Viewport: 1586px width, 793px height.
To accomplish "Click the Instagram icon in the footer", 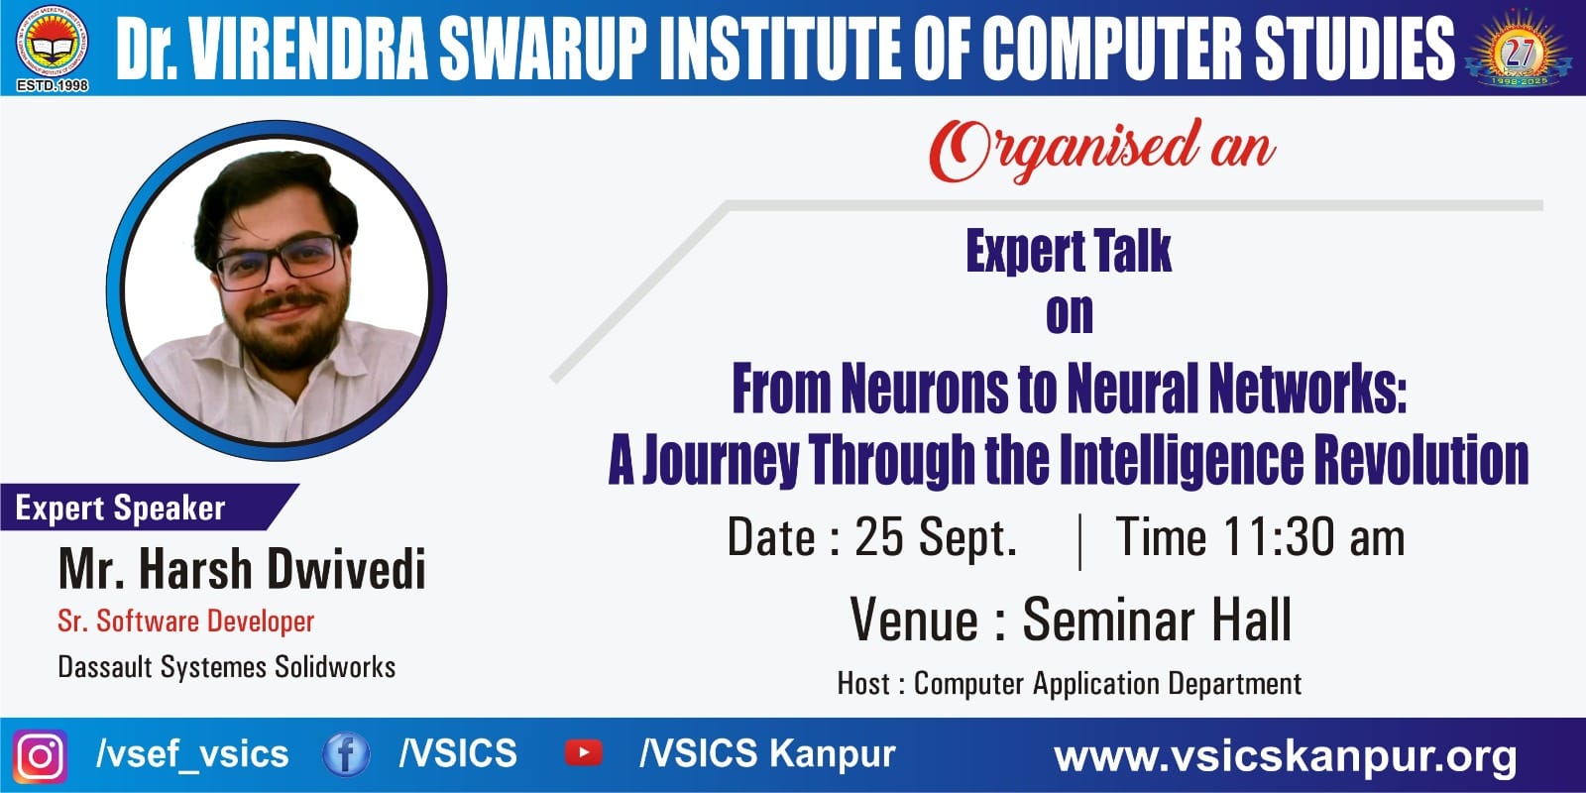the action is [x=41, y=756].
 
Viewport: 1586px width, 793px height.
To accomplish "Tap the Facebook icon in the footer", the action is [x=346, y=754].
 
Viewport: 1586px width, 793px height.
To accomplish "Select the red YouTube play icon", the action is [x=584, y=753].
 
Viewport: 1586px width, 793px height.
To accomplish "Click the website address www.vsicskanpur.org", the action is [x=1285, y=756].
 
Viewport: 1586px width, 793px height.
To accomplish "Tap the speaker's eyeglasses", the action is [x=280, y=262].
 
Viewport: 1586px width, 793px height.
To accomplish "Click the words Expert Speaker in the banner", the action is [x=120, y=508].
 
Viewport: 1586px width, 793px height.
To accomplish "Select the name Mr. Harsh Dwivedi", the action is [x=242, y=569].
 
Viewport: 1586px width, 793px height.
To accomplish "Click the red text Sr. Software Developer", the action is [x=185, y=621].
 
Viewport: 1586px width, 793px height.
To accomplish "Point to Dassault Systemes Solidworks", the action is [x=227, y=667].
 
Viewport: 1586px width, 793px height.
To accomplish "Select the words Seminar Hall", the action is [x=1157, y=620].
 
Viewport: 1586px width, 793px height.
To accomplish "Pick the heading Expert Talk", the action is [x=1069, y=252].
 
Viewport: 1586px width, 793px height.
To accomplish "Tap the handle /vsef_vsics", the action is [x=192, y=754].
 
